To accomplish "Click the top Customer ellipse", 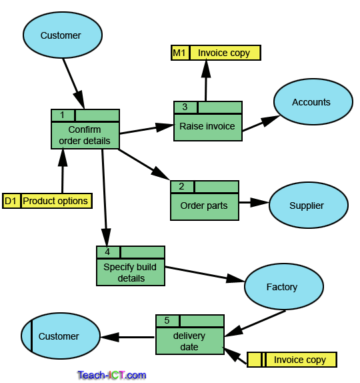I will tap(62, 35).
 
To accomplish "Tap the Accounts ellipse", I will tap(312, 102).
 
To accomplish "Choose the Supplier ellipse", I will tap(308, 206).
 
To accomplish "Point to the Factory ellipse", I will tap(283, 287).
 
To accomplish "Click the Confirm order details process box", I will tap(85, 135).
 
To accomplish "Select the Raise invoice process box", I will tap(207, 126).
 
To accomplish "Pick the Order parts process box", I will tap(204, 206).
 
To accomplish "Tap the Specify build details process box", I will tap(131, 272).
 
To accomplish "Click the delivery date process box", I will tap(189, 341).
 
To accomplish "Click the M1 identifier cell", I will tap(180, 53).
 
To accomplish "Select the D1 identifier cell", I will tap(11, 201).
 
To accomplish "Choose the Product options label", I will tap(56, 201).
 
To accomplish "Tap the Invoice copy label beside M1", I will tap(225, 53).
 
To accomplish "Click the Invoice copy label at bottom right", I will tap(300, 360).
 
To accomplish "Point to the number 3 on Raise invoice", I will tap(185, 107).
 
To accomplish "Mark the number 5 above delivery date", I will tap(167, 321).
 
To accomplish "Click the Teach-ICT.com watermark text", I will tap(111, 375).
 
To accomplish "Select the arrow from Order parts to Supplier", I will tap(253, 202).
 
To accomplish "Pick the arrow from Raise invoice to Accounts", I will tap(260, 123).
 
